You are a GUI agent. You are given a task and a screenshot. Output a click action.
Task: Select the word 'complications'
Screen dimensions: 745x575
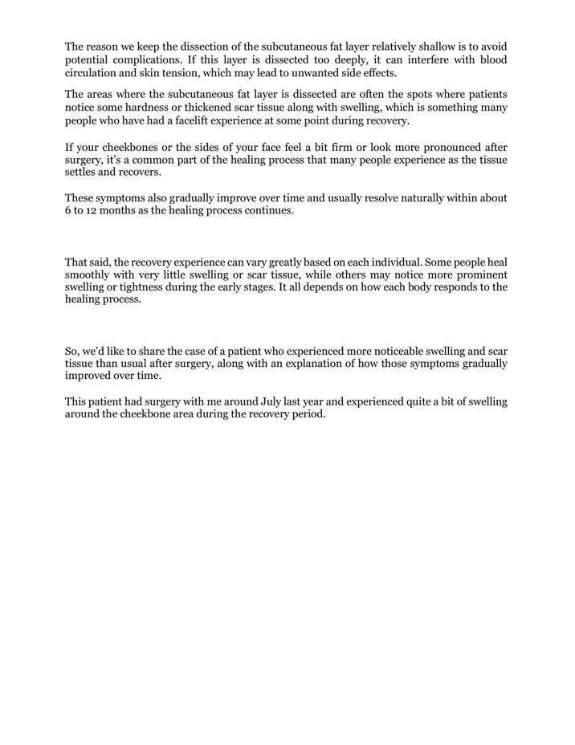146,60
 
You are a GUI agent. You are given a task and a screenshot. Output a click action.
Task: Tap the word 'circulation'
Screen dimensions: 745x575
94,73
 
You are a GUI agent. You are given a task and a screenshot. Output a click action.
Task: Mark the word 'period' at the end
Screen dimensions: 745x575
308,415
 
